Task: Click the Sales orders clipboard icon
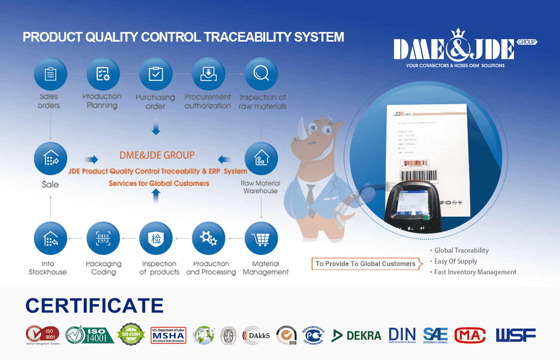[x=50, y=74]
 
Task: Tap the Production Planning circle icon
[x=103, y=74]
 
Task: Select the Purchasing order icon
[x=156, y=74]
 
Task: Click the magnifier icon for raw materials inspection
[x=261, y=74]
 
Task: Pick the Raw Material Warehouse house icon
[x=261, y=159]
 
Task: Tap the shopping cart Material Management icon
[x=261, y=239]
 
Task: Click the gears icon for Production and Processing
[x=208, y=239]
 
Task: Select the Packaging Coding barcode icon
[x=103, y=239]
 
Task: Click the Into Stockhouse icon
[x=50, y=239]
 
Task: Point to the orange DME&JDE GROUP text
[x=157, y=155]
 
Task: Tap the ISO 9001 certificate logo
[x=43, y=335]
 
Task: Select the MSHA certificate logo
[x=168, y=335]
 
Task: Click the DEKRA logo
[x=357, y=336]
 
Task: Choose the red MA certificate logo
[x=470, y=336]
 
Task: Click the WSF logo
[x=516, y=335]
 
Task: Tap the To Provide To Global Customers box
[x=366, y=264]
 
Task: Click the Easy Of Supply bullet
[x=456, y=261]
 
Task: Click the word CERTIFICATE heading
[x=94, y=306]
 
